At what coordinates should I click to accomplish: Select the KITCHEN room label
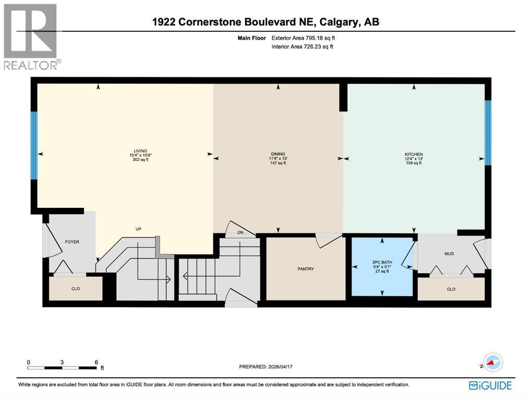coord(413,154)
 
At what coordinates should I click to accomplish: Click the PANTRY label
coord(306,269)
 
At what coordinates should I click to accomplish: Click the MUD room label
coord(449,254)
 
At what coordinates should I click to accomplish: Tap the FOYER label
coord(72,242)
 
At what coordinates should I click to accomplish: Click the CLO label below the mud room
coord(451,289)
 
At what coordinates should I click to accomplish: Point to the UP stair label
coord(139,229)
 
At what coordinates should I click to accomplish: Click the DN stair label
coord(240,232)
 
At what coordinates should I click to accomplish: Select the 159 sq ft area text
coord(413,163)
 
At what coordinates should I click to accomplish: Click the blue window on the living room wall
coord(34,145)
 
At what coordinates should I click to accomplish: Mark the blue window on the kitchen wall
coord(488,132)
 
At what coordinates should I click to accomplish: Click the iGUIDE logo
coord(490,385)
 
